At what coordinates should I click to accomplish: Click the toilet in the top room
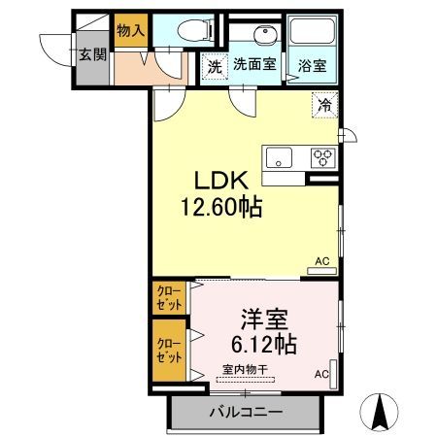(195, 30)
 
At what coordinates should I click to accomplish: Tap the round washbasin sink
(265, 34)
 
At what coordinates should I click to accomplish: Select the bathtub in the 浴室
(312, 31)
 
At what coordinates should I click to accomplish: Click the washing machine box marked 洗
(215, 66)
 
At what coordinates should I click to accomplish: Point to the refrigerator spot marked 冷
(324, 105)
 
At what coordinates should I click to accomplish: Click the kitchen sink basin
(279, 157)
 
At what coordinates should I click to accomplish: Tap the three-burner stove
(322, 157)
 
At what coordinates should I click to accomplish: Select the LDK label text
(221, 181)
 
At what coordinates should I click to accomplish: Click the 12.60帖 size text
(221, 207)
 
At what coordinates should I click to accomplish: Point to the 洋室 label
(264, 319)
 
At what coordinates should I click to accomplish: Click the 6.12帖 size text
(264, 344)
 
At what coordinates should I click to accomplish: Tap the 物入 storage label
(131, 30)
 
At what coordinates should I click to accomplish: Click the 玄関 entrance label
(93, 54)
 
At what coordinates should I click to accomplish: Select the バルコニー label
(247, 413)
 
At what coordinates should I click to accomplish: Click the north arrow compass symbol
(379, 412)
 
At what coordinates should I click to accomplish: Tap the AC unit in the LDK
(321, 271)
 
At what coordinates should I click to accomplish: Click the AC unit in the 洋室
(333, 374)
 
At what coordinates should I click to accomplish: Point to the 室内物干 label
(245, 369)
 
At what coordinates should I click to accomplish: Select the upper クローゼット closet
(169, 298)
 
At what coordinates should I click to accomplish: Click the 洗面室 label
(254, 64)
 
